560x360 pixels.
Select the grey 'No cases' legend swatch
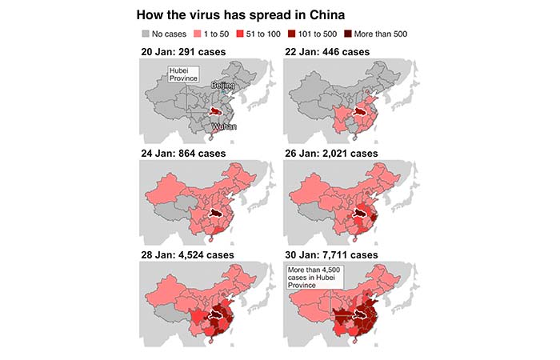point(146,34)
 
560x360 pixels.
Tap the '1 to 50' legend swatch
point(199,34)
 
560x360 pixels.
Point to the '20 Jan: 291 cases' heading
point(182,53)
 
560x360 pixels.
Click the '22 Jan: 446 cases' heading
point(329,53)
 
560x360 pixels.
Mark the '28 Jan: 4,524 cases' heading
point(188,254)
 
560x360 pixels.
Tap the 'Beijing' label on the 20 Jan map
point(222,84)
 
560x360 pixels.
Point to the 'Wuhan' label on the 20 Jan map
point(224,126)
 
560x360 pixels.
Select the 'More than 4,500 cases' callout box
point(314,277)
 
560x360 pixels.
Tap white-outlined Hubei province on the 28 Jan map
point(216,317)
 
